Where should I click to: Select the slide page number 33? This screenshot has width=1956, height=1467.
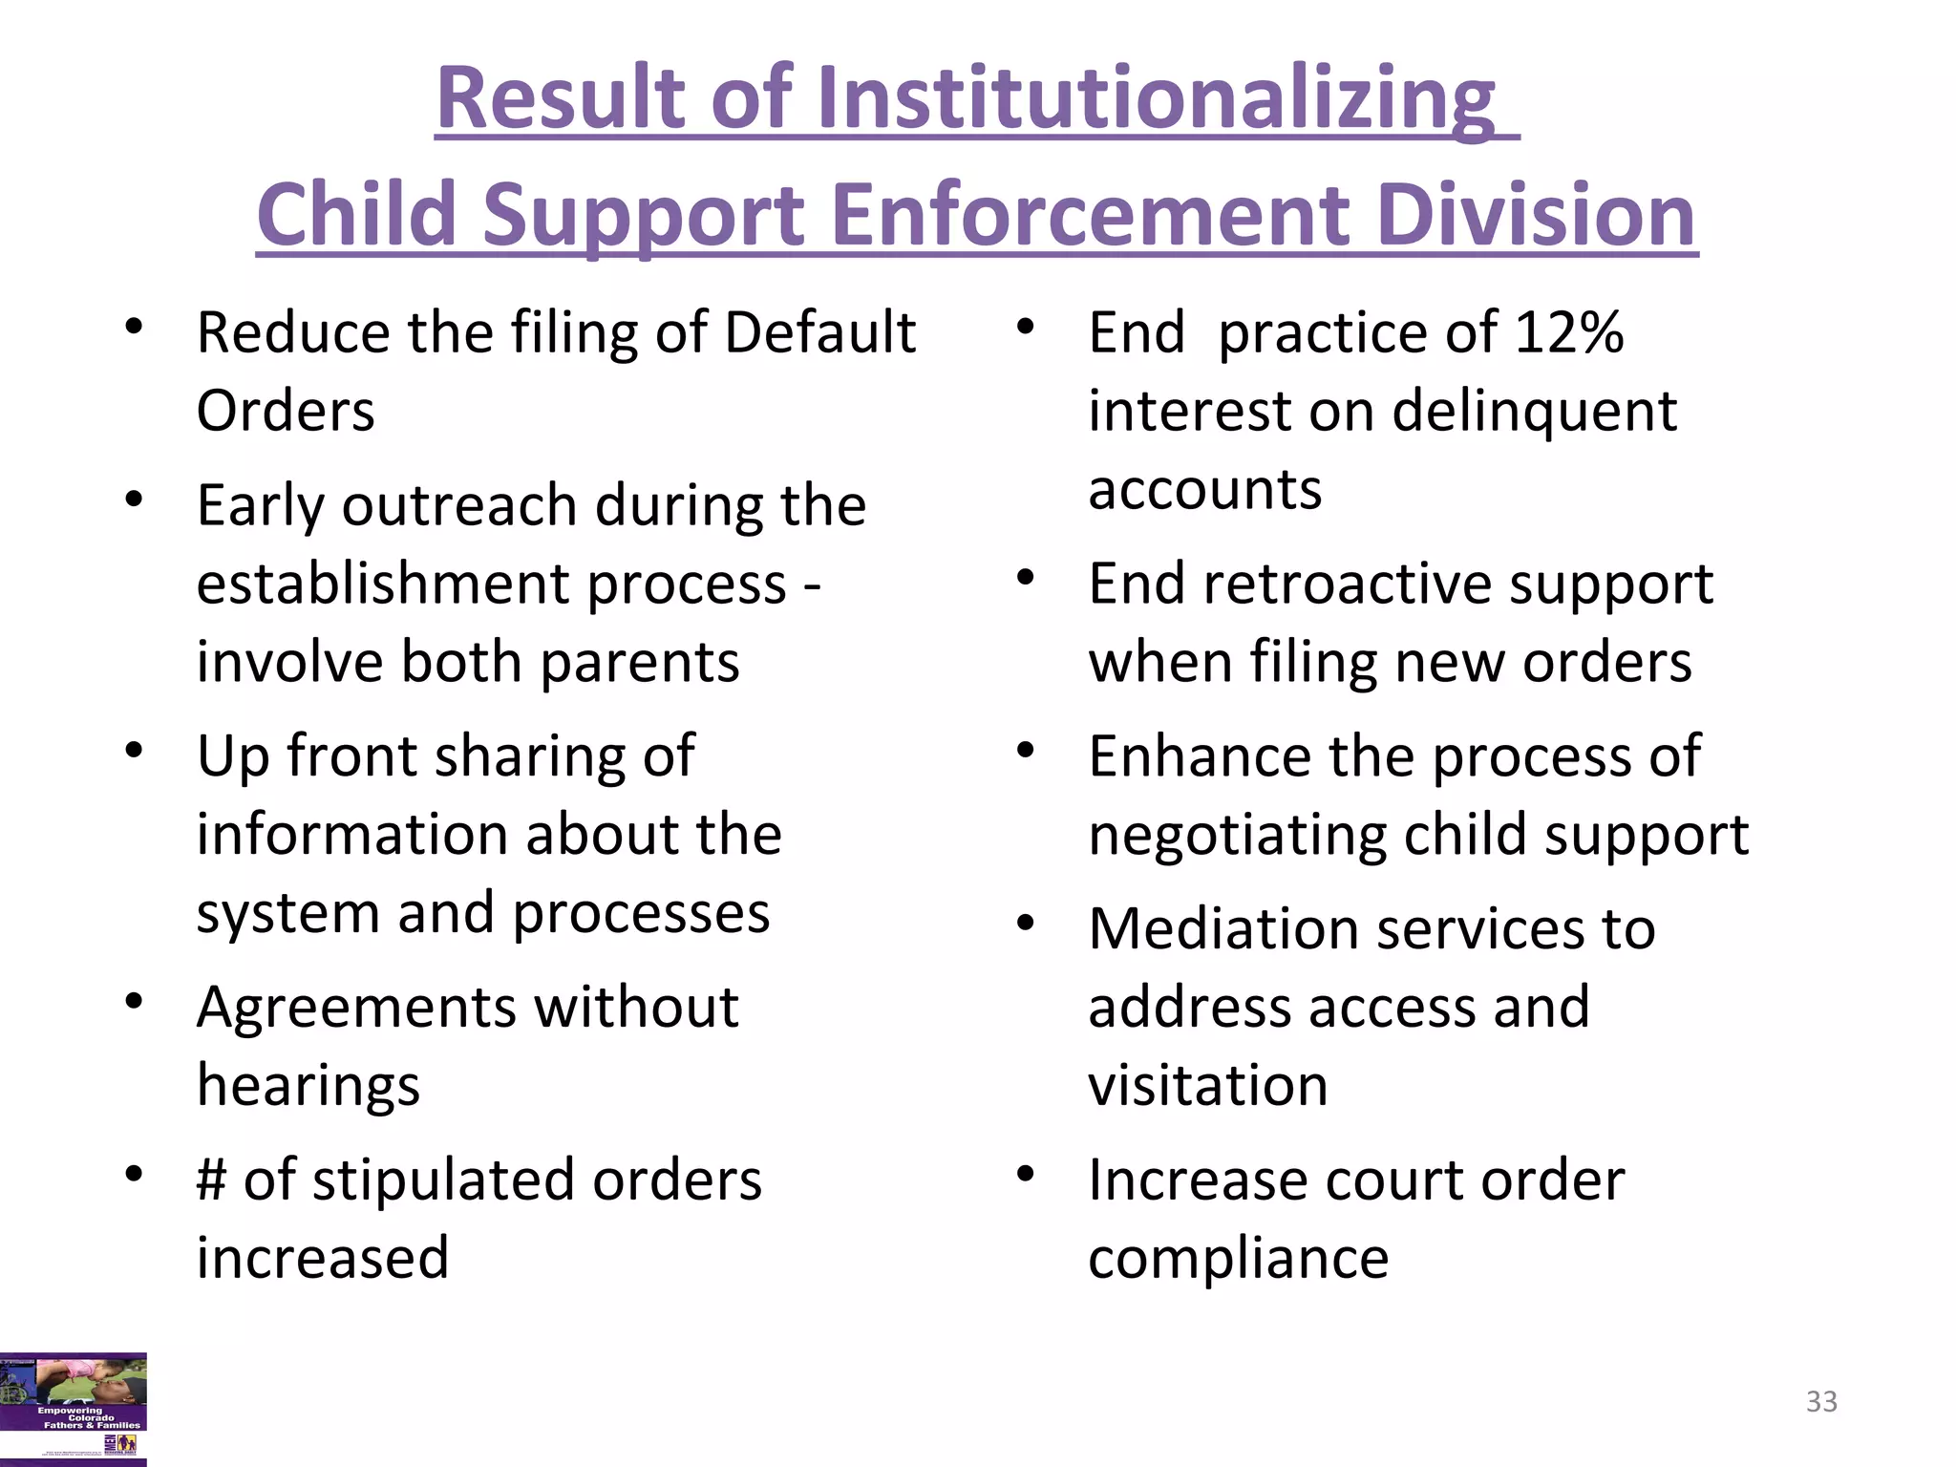1821,1401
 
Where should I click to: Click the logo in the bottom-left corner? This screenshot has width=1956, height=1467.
74,1408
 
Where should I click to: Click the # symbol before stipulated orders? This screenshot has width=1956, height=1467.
212,1179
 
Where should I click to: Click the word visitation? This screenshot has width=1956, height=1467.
1207,1085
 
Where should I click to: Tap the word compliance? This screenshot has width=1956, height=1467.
1238,1258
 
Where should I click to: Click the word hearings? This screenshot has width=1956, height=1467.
308,1086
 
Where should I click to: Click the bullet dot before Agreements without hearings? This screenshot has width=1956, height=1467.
134,1001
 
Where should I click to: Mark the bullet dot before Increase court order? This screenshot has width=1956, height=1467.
1026,1173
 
